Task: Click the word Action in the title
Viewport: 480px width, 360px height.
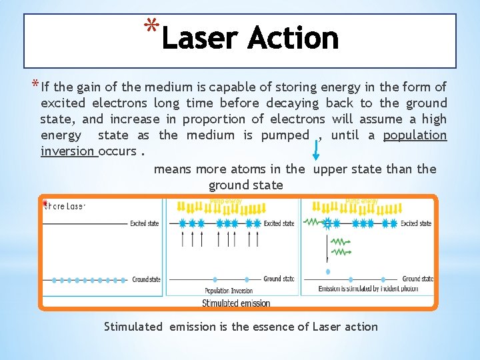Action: click(293, 38)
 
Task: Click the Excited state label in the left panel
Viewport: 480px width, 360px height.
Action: click(144, 223)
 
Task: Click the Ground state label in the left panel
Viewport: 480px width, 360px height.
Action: click(145, 279)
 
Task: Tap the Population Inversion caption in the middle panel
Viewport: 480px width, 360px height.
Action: click(228, 291)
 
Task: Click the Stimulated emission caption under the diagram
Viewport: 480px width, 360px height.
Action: click(236, 303)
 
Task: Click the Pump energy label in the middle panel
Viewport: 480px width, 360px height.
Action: click(225, 200)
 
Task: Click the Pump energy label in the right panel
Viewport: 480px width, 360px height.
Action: click(361, 200)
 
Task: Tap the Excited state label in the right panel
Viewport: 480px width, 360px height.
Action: click(416, 223)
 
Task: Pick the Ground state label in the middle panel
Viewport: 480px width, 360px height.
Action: click(279, 279)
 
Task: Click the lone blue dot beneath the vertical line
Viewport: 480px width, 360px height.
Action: click(327, 271)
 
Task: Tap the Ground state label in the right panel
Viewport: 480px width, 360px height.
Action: click(417, 279)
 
